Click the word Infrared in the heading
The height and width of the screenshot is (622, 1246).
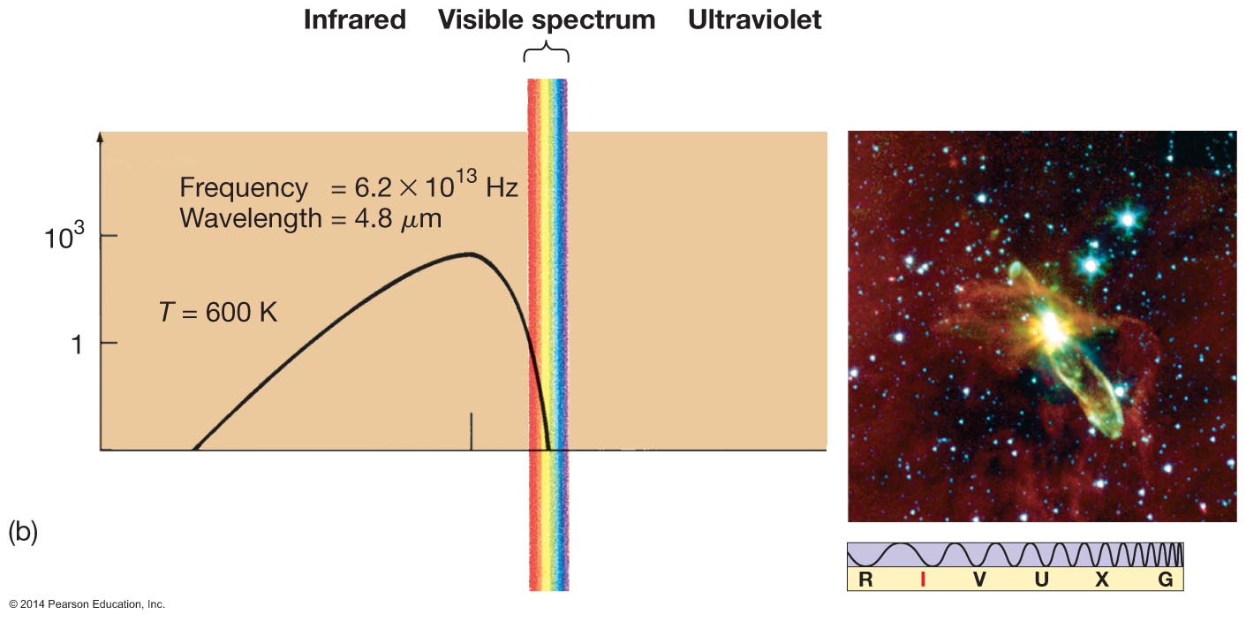(x=354, y=20)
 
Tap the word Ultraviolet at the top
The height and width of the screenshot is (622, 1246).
(x=755, y=20)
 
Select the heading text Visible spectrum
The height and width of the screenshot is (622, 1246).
(x=547, y=20)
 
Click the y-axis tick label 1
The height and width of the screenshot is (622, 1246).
(x=76, y=344)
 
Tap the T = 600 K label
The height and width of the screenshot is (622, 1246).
(x=218, y=312)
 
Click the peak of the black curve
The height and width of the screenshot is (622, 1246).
(x=469, y=254)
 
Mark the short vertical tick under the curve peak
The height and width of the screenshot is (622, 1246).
(x=471, y=431)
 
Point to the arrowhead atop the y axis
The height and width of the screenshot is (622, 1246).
(x=101, y=138)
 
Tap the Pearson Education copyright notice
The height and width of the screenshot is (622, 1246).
(x=87, y=604)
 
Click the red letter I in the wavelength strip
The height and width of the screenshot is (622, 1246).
(x=922, y=580)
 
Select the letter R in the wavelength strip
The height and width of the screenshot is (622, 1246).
(x=865, y=580)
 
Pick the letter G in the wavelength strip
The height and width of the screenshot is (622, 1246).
(x=1166, y=580)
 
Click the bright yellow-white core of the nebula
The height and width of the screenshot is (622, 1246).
(x=1051, y=328)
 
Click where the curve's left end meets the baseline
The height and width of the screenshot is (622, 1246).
(x=194, y=450)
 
